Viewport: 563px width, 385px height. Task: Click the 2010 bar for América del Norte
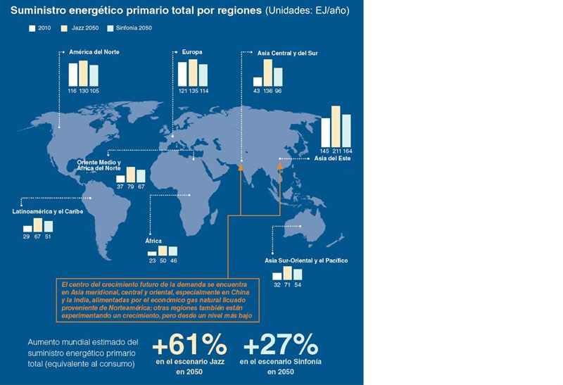[x=72, y=74]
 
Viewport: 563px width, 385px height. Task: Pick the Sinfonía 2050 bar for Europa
[x=203, y=74]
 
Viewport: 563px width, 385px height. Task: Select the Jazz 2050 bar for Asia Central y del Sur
[x=267, y=72]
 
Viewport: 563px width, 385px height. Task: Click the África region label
[x=153, y=241]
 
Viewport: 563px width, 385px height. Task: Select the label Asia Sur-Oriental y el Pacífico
[x=306, y=261]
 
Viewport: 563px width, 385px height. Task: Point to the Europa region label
[x=193, y=53]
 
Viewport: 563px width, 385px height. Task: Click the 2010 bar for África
[x=152, y=253]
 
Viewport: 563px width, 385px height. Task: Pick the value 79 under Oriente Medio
[x=130, y=188]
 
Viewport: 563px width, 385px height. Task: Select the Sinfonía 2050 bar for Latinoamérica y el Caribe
[x=48, y=227]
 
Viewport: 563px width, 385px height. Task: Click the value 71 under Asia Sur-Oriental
[x=287, y=285]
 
